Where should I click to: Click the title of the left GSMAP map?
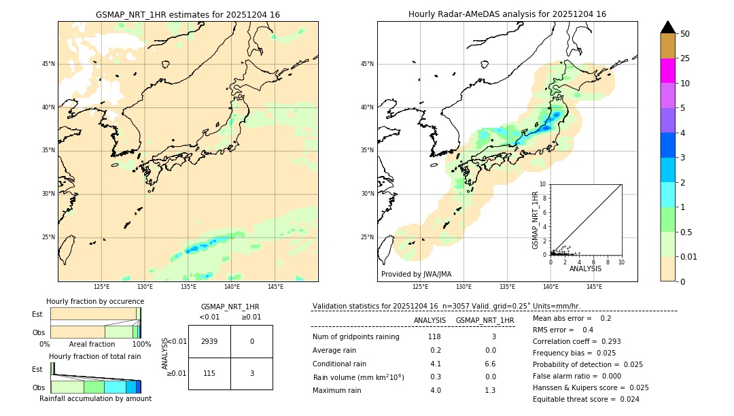point(188,14)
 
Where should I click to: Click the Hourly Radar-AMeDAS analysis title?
point(507,14)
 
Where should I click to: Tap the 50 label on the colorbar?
point(685,34)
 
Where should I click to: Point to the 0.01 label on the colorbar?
point(688,256)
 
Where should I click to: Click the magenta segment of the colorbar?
point(667,71)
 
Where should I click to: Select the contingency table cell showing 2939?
point(209,341)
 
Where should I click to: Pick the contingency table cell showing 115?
point(209,373)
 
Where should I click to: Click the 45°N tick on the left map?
point(48,64)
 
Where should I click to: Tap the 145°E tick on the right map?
point(594,287)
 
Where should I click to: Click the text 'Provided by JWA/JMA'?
point(416,274)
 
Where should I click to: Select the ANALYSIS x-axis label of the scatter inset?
point(585,269)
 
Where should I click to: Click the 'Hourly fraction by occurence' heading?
point(95,301)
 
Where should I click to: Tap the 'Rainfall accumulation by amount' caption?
point(95,398)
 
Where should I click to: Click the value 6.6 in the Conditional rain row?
point(490,364)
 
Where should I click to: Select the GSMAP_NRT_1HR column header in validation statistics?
point(485,320)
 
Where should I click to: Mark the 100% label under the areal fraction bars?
point(141,345)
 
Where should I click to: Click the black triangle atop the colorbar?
point(667,27)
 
